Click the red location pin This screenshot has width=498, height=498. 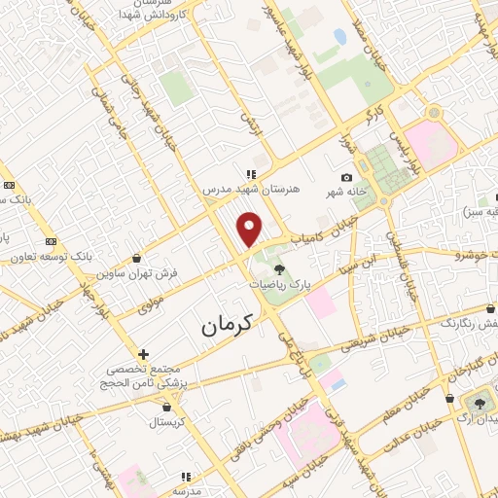251,228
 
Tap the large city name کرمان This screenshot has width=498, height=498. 227,325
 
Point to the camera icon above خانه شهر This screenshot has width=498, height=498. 347,177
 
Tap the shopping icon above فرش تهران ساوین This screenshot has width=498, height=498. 135,260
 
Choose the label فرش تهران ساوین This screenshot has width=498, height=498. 136,274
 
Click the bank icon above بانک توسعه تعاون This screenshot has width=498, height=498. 51,242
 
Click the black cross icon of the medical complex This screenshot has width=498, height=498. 143,354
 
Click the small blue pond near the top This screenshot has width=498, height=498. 339,36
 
